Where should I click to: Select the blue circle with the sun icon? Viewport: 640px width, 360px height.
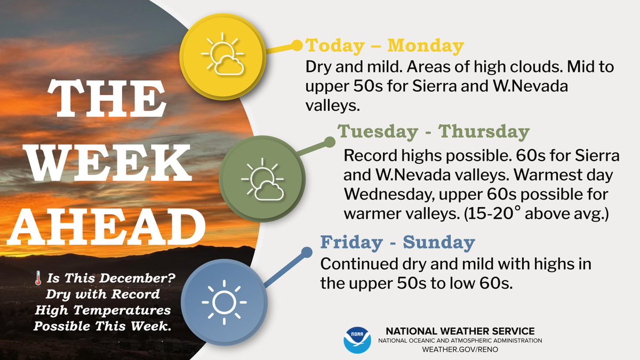tap(224, 301)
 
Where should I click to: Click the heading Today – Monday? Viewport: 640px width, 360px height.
tap(384, 46)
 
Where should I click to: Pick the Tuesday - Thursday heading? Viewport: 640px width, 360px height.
tap(433, 132)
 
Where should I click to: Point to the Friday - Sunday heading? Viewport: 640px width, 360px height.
tap(397, 243)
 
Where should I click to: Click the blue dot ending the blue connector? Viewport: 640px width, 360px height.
tap(306, 251)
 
